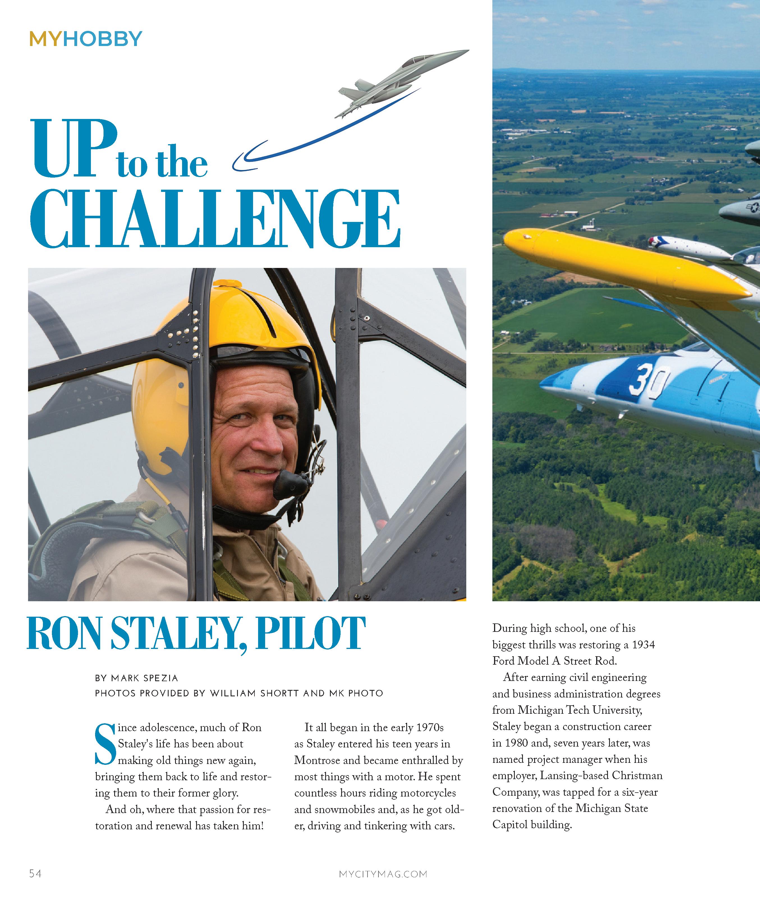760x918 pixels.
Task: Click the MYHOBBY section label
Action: coord(86,39)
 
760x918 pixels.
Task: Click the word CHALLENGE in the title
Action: coord(215,219)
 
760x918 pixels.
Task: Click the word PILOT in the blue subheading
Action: coord(310,634)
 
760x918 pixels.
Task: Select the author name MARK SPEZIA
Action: coord(145,678)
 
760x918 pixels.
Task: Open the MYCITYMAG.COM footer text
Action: coord(383,874)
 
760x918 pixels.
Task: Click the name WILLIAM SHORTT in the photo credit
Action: coord(254,693)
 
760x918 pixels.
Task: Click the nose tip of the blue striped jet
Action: coord(542,385)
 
